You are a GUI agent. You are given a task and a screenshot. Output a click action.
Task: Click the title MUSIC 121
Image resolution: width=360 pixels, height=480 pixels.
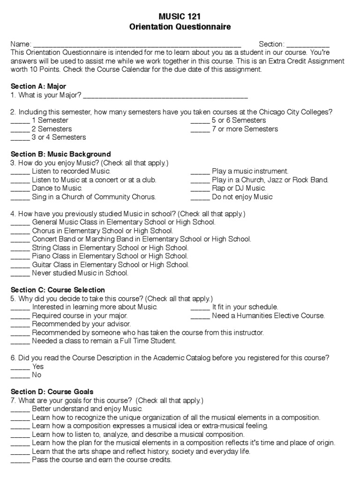pyautogui.click(x=180, y=17)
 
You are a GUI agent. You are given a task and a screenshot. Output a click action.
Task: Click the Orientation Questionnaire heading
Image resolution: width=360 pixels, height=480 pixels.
pyautogui.click(x=180, y=27)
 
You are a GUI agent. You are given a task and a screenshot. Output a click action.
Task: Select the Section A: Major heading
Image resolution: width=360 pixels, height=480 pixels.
pyautogui.click(x=38, y=86)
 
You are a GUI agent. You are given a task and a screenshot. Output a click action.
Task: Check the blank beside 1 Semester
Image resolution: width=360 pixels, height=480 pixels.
pyautogui.click(x=20, y=120)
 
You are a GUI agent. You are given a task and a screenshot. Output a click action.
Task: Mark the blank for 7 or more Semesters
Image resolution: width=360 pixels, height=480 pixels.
pyautogui.click(x=200, y=129)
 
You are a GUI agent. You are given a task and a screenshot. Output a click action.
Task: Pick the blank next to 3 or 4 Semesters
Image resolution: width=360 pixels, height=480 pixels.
pyautogui.click(x=20, y=137)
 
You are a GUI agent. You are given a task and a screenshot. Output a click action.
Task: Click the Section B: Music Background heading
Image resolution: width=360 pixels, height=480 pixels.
pyautogui.click(x=60, y=154)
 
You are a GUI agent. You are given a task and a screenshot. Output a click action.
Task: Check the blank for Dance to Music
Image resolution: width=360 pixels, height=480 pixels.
pyautogui.click(x=20, y=188)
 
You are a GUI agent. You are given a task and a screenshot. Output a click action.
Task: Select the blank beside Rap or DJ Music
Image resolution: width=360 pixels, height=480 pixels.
pyautogui.click(x=200, y=188)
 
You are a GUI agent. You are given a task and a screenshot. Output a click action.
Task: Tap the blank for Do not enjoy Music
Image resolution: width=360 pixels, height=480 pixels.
pyautogui.click(x=200, y=197)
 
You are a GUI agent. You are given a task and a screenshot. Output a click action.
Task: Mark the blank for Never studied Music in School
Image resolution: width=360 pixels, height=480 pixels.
pyautogui.click(x=20, y=273)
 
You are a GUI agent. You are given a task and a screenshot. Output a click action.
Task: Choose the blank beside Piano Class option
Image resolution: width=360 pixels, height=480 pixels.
pyautogui.click(x=20, y=256)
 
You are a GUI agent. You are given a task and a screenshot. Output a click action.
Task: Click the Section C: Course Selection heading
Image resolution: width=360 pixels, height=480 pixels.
pyautogui.click(x=58, y=290)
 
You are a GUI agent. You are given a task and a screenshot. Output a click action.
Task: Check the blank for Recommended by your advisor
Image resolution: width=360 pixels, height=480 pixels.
pyautogui.click(x=20, y=324)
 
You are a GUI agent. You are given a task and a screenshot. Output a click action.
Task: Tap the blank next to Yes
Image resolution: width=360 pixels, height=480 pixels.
pyautogui.click(x=20, y=367)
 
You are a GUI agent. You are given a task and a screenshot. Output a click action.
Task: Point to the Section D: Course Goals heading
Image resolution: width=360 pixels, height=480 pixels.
pyautogui.click(x=52, y=391)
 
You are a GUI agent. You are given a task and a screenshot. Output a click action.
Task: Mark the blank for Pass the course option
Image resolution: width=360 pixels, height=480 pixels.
pyautogui.click(x=20, y=460)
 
